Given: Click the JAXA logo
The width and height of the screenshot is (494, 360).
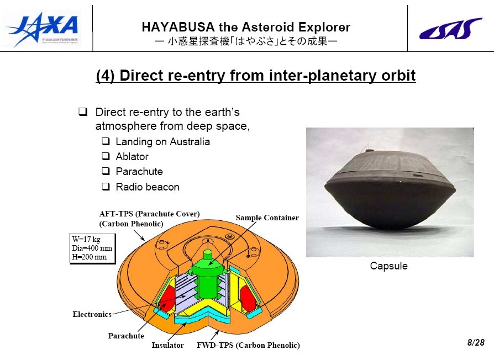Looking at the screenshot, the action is point(42,29).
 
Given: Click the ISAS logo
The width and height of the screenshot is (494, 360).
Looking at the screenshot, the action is point(450,29).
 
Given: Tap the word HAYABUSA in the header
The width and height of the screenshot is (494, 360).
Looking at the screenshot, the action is point(178,27).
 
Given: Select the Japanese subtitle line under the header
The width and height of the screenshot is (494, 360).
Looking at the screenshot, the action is point(246,41).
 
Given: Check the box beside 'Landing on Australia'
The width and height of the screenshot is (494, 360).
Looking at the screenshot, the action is point(106,141).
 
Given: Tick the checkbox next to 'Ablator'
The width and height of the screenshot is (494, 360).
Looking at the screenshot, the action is point(106,156).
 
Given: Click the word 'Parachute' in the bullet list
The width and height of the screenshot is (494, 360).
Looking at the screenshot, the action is point(139,172).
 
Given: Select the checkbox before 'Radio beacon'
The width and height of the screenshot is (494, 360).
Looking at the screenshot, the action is point(106,187).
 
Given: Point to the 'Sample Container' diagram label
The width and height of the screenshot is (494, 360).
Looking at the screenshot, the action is point(267,218).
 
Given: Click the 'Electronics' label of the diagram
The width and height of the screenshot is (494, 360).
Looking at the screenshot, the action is point(92,314).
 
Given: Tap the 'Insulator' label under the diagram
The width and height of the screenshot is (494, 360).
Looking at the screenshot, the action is point(167,345).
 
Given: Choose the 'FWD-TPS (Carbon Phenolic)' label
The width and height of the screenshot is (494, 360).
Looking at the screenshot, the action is point(248,345).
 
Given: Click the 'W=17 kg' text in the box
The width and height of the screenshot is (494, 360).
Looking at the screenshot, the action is point(86,239).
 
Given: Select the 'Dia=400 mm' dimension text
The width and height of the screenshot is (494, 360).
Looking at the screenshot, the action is point(92,248).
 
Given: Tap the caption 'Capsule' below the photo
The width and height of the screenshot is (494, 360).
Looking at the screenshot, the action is point(389,266).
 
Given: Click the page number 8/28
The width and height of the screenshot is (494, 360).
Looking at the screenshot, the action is point(476,342).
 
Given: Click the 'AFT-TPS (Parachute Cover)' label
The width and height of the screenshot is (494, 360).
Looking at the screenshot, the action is point(149,214).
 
